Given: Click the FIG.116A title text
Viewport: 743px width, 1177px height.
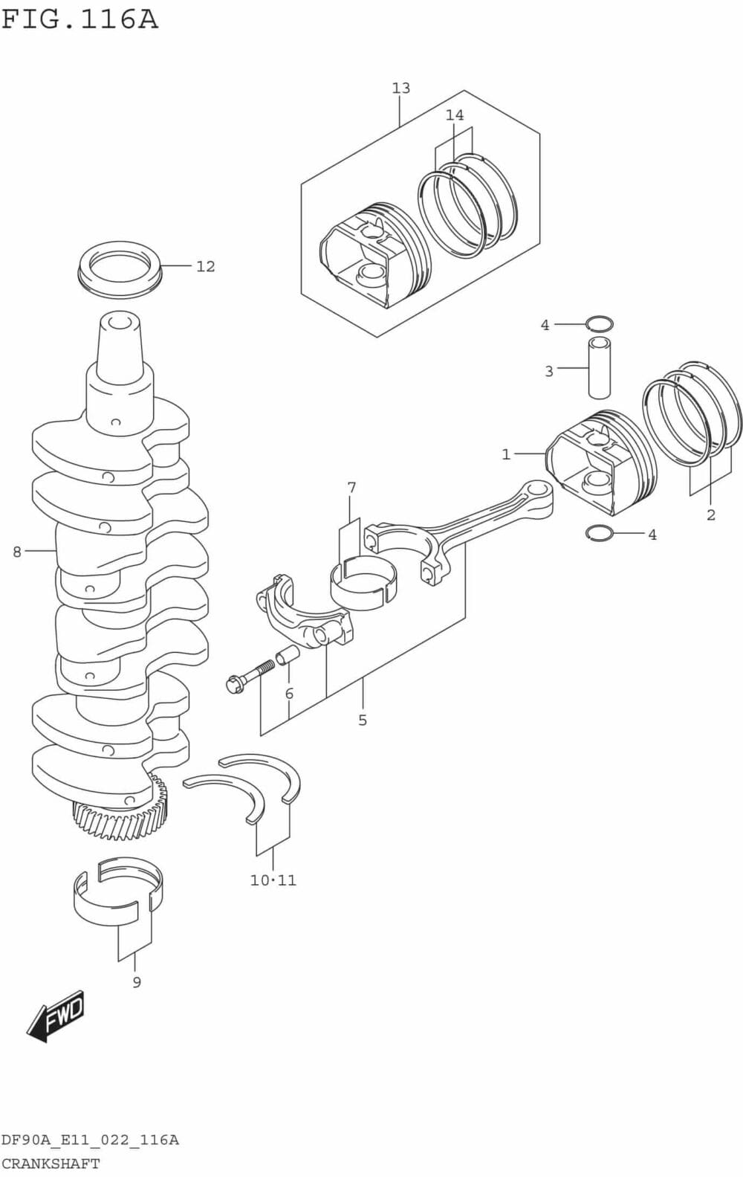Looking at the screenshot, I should coord(80,19).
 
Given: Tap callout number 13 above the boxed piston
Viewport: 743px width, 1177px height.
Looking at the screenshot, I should coord(400,88).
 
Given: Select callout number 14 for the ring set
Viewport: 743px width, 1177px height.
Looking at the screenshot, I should coord(455,115).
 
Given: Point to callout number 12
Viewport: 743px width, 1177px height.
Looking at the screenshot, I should coord(206,266).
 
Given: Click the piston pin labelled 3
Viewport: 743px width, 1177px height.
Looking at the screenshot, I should coord(600,367).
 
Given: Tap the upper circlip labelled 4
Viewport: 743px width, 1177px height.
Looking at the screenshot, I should coord(599,323).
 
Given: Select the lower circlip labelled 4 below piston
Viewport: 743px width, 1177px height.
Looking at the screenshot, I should coord(599,533).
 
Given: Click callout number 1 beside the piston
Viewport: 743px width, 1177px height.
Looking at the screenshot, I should coord(506,454).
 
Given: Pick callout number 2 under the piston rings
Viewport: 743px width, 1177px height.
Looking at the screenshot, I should coord(710,515).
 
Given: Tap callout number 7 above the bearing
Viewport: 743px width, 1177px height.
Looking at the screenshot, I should coord(351,488).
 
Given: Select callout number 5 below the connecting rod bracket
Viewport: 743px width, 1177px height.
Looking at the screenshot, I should coord(363,720).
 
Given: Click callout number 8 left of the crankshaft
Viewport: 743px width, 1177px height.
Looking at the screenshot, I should coord(17,552).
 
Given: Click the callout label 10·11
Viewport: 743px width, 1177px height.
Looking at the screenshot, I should coord(273,880).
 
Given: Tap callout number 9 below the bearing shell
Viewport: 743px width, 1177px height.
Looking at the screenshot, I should coord(137,982).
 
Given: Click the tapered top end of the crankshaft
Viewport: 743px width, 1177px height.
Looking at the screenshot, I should coord(119,342).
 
